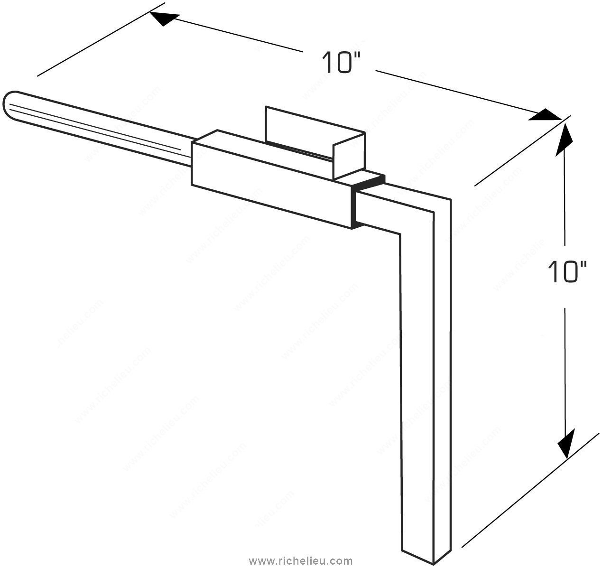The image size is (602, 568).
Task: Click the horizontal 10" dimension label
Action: coord(341,63)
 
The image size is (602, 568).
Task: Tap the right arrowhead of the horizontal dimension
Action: coord(544,115)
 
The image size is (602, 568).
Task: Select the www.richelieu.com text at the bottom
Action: coord(300,561)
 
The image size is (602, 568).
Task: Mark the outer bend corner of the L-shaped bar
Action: coord(451,200)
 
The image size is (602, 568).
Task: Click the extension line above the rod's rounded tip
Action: coord(101,39)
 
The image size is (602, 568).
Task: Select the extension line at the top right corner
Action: coord(522,150)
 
